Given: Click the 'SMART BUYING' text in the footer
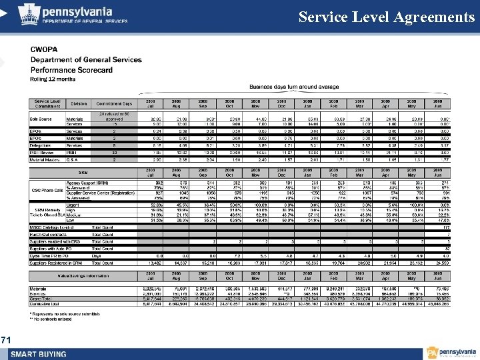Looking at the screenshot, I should (x=38, y=353).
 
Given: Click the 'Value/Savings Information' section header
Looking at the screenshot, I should (x=84, y=275).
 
